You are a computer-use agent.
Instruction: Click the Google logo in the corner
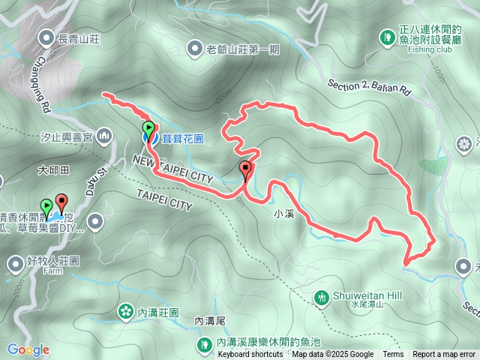28,349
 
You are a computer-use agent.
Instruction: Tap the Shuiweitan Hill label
360,294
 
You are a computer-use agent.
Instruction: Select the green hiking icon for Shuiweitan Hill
322,298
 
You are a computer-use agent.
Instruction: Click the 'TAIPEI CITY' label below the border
165,199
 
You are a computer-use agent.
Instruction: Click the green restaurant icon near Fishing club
387,36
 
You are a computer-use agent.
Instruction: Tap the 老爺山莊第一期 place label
242,50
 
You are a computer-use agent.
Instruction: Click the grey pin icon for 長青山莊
46,36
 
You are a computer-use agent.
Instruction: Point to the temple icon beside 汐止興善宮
103,136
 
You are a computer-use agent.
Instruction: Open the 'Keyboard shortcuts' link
250,355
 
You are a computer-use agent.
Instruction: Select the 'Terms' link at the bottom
393,355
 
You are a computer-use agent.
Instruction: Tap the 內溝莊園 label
157,311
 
